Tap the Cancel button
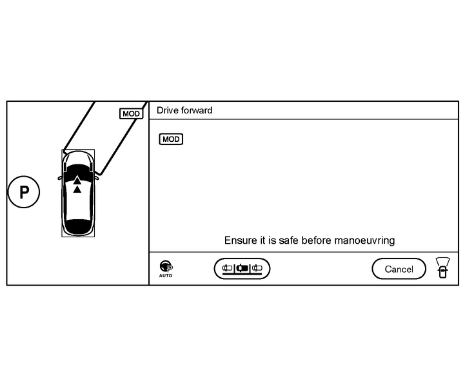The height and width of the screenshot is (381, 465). [399, 269]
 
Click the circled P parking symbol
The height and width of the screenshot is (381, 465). [24, 192]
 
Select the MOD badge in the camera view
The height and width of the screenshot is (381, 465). [131, 113]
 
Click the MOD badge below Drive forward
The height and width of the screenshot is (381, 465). [171, 139]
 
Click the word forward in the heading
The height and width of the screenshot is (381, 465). [197, 110]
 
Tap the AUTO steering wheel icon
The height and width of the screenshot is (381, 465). [166, 266]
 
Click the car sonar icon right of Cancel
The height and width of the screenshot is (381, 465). [442, 267]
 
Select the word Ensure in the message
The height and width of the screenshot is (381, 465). [239, 240]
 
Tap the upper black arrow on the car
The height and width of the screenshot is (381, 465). [77, 179]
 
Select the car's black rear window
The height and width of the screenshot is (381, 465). [78, 226]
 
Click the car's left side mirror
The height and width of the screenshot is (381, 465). [60, 177]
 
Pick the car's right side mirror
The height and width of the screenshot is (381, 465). [95, 174]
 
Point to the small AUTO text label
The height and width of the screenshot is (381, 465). [166, 275]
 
